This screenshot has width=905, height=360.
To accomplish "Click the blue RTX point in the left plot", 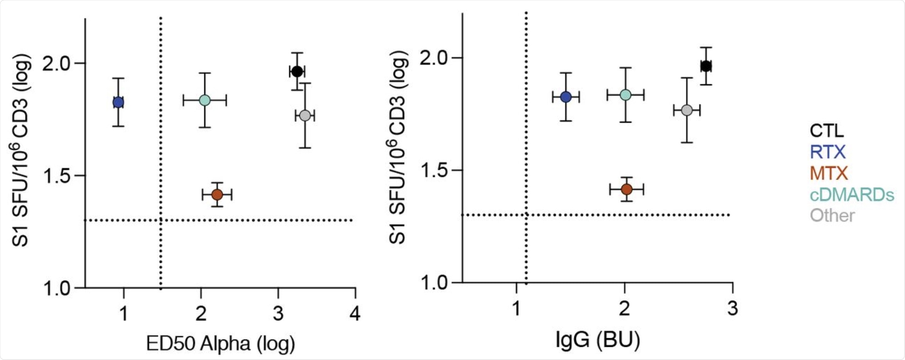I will click(x=118, y=102).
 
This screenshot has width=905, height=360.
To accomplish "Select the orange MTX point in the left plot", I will click(x=217, y=194).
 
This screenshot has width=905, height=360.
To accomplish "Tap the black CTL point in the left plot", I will click(x=297, y=71).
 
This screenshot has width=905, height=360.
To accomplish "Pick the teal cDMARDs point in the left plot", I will click(x=205, y=100).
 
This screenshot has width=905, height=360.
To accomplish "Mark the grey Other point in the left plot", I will click(x=305, y=116).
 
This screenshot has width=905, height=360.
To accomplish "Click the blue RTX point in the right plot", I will click(x=566, y=97).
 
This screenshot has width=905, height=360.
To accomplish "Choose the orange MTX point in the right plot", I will click(x=626, y=189).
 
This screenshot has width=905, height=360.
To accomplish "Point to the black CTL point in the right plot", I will click(x=706, y=66).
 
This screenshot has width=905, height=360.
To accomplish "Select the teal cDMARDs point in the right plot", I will click(x=625, y=95).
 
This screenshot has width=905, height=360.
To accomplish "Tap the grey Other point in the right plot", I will click(x=687, y=110).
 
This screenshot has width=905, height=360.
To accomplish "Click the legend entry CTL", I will click(x=827, y=131).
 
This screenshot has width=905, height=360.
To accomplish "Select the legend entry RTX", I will click(x=827, y=152).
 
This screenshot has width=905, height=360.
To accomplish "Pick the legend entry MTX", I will click(x=829, y=173).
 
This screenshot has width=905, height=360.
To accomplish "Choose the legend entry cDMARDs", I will click(x=852, y=195).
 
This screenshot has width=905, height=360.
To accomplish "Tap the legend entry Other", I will click(x=832, y=216).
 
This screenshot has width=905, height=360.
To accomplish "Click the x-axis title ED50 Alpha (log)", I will click(x=220, y=344).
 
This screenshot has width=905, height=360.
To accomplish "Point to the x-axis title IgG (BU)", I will click(x=598, y=340).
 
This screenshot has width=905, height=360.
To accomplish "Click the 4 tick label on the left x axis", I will click(x=355, y=314).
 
